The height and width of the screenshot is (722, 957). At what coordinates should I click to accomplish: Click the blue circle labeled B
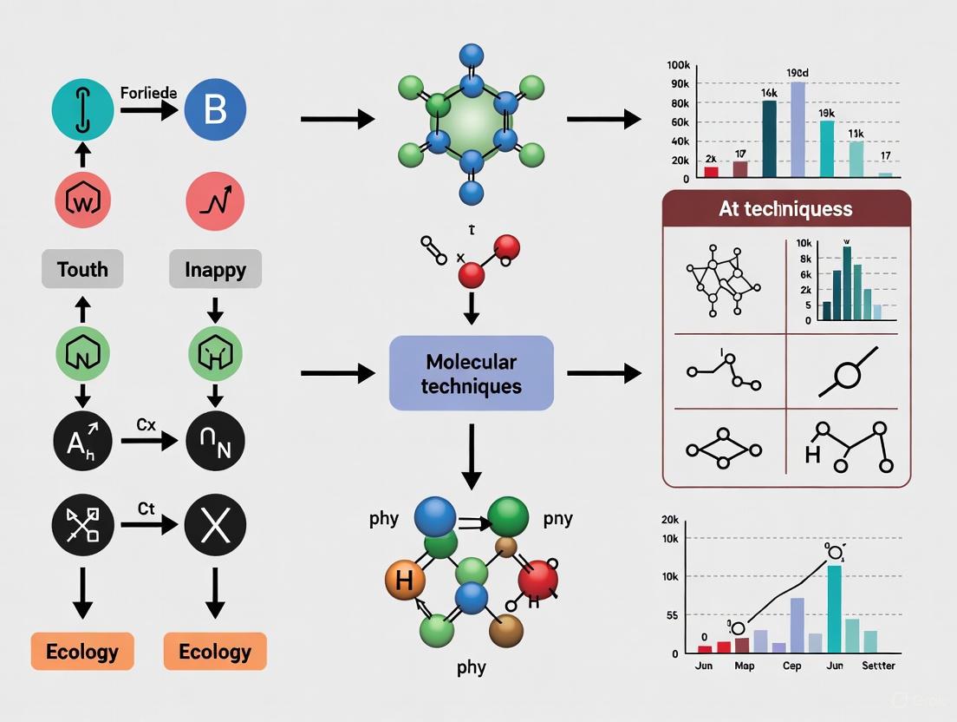(215, 110)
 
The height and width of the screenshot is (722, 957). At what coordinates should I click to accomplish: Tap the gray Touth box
(82, 270)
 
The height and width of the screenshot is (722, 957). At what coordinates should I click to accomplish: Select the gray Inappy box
(215, 270)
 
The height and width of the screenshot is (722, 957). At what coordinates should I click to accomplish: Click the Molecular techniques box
(471, 373)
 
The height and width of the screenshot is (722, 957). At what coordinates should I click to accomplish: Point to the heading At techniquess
(785, 208)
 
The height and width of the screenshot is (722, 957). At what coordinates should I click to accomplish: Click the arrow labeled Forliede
(148, 111)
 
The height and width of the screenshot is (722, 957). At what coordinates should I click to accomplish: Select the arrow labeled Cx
(148, 441)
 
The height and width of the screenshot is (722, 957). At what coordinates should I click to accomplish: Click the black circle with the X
(215, 525)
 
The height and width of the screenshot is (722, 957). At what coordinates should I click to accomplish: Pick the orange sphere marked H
(404, 580)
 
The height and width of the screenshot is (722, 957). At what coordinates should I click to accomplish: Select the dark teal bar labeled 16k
(769, 138)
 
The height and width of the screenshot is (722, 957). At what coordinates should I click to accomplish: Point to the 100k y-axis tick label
(678, 65)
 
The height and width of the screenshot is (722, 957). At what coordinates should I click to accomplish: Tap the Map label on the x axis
(744, 666)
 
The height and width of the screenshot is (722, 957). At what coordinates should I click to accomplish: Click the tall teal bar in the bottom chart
(835, 608)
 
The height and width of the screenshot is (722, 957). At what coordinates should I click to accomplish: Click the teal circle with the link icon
(82, 110)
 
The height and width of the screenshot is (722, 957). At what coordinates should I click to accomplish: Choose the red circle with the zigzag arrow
(215, 201)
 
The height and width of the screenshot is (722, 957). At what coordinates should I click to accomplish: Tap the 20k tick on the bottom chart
(668, 520)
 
